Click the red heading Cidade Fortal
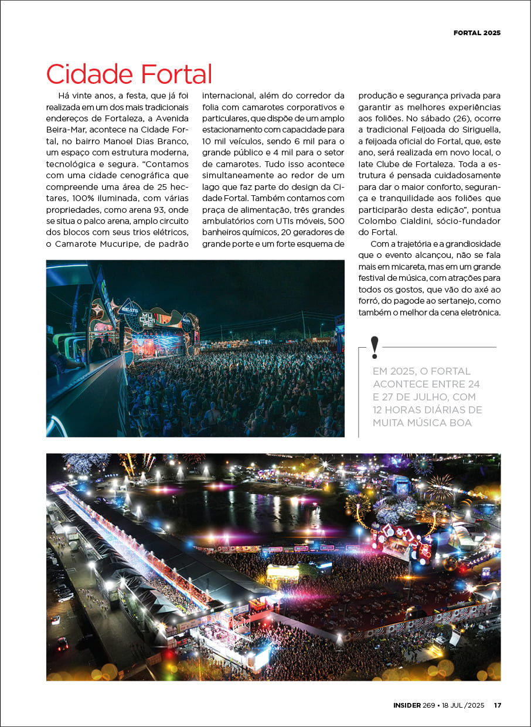(129, 74)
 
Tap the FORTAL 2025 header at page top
(476, 33)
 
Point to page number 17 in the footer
(497, 705)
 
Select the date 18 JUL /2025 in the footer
(462, 705)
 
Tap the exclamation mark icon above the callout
(375, 348)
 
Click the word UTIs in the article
(293, 221)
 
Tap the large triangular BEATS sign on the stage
(130, 308)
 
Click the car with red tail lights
(62, 644)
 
